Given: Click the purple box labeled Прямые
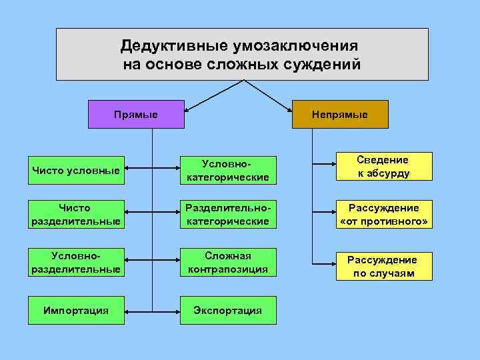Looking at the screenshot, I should click(136, 114).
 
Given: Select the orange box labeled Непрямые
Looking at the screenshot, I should click(340, 114).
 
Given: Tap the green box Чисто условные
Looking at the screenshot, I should click(76, 170).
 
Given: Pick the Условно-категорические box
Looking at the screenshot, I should click(228, 170).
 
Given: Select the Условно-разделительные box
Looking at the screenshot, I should click(76, 262).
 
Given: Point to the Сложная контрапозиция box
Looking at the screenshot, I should click(228, 262).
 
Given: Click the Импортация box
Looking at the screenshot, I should click(76, 311).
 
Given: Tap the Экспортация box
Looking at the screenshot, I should click(228, 311).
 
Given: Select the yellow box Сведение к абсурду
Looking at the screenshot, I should click(383, 167).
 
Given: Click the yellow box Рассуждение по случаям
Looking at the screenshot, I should click(383, 266).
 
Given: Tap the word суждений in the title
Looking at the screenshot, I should click(325, 65).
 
